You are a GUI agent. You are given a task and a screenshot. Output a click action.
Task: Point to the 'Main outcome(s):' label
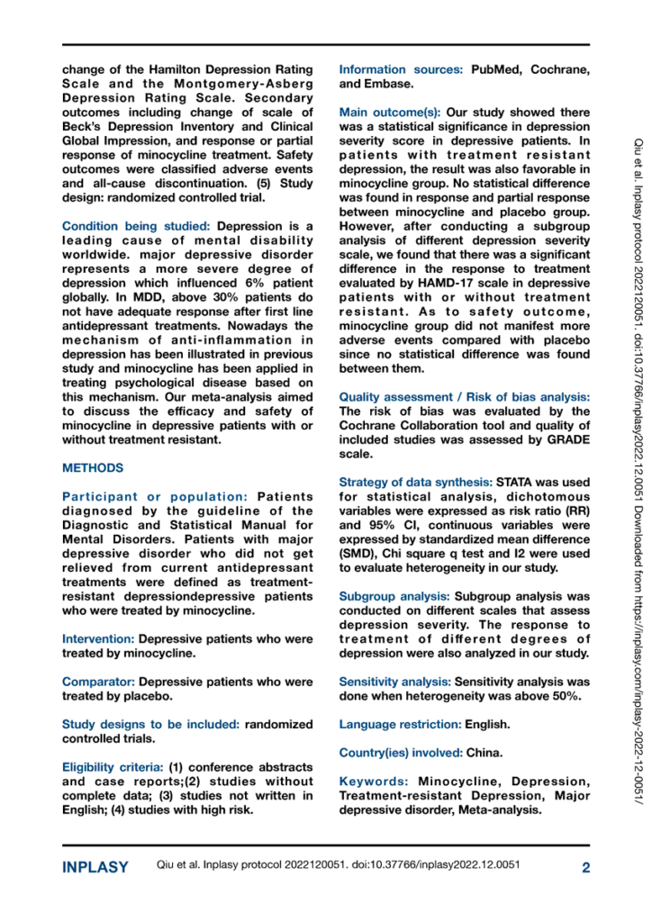(x=390, y=113)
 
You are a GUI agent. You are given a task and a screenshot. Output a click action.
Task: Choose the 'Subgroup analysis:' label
(x=394, y=596)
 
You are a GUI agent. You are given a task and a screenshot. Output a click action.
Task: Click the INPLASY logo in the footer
(x=95, y=868)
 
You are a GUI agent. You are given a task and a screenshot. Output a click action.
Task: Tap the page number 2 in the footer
(x=585, y=868)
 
